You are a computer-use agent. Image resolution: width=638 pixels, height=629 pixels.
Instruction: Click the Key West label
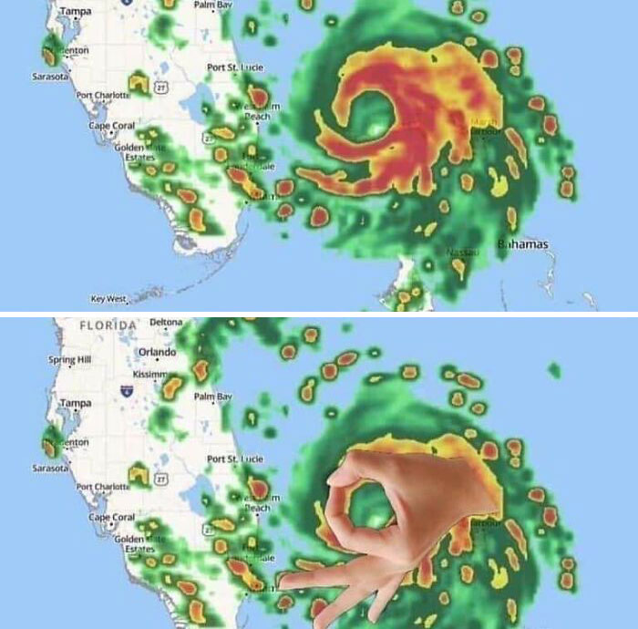108,298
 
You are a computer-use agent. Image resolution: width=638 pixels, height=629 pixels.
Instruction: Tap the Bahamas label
523,244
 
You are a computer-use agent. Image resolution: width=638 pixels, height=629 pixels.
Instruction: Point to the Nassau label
460,252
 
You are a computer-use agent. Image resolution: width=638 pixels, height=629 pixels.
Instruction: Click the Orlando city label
156,352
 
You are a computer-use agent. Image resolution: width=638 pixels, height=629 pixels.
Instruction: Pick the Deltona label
165,322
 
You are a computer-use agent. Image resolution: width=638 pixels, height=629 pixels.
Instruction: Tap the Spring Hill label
69,360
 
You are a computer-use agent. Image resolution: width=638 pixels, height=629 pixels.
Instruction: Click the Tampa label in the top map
75,11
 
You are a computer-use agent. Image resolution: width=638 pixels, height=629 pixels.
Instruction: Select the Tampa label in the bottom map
75,402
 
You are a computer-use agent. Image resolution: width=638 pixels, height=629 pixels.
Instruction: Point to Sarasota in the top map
49,77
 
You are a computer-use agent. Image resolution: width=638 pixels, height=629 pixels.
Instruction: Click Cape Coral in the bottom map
111,517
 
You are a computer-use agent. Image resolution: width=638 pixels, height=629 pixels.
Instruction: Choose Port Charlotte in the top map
102,95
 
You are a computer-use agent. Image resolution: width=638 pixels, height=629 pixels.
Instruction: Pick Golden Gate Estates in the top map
135,152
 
